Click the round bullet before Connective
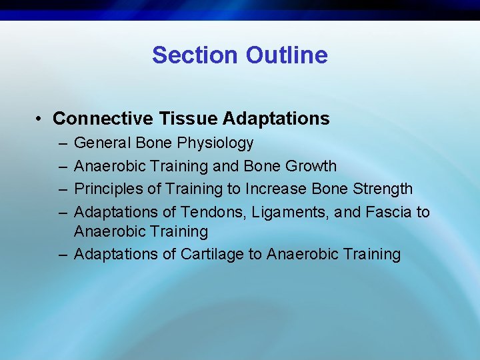tap(41, 119)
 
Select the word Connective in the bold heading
tap(103, 119)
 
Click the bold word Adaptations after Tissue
tap(276, 119)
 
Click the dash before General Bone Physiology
tap(61, 143)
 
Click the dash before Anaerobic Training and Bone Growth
tap(61, 167)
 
